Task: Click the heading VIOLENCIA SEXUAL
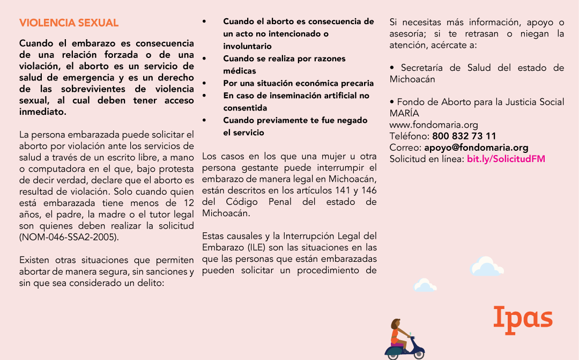(x=69, y=23)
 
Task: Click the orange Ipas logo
(x=523, y=318)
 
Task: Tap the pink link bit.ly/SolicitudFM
(x=506, y=159)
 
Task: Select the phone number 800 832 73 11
(x=464, y=136)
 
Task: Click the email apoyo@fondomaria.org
(x=476, y=148)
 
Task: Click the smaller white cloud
(x=425, y=285)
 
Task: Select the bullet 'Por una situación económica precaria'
(x=298, y=83)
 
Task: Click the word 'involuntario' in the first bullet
(x=247, y=46)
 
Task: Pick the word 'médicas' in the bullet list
(x=240, y=71)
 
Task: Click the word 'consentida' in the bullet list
(x=245, y=108)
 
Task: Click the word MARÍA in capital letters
(x=404, y=113)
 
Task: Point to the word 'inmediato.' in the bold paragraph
(x=43, y=112)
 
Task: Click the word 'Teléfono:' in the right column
(x=409, y=136)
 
